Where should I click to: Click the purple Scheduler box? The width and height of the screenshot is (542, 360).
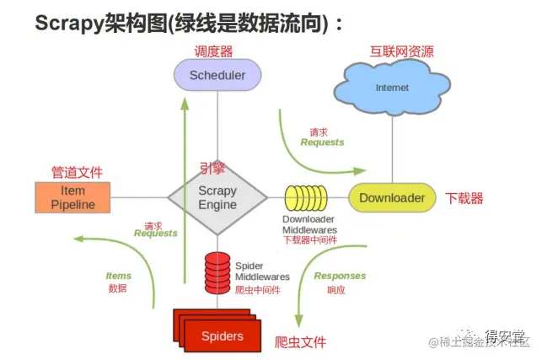[x=217, y=75]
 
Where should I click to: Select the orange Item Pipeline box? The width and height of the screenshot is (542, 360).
[x=72, y=197]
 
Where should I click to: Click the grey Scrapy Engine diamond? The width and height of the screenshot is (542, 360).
[x=217, y=197]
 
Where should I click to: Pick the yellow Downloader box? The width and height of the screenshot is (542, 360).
[x=392, y=198]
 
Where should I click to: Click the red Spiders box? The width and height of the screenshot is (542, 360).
[x=221, y=336]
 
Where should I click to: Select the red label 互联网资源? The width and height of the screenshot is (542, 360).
[x=402, y=51]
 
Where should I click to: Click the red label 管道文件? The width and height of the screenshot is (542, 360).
[x=77, y=172]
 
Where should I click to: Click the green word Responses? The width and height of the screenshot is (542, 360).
[x=340, y=276]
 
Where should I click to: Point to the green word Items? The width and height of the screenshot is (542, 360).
[x=118, y=276]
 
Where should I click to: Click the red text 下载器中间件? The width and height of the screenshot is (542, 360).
[x=309, y=239]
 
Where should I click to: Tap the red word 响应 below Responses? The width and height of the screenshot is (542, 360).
[x=335, y=289]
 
